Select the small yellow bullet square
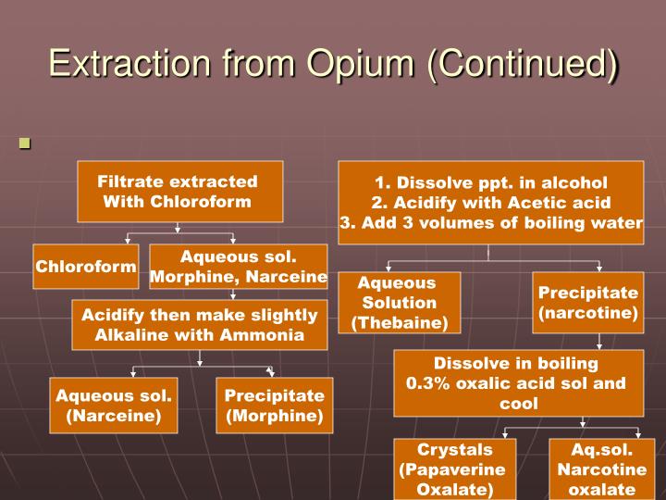[25, 144]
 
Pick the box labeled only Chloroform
[86, 267]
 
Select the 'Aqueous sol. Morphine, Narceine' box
[239, 267]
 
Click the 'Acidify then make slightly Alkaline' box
[200, 325]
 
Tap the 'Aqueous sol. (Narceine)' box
[114, 406]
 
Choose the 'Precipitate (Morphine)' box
[275, 406]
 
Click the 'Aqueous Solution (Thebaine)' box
[399, 303]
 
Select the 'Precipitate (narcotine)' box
[588, 303]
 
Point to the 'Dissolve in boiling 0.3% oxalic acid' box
[518, 383]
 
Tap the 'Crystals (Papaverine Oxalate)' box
[455, 469]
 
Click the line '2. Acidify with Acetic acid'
[491, 203]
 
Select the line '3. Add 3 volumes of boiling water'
[491, 223]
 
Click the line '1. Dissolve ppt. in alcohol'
[491, 182]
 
